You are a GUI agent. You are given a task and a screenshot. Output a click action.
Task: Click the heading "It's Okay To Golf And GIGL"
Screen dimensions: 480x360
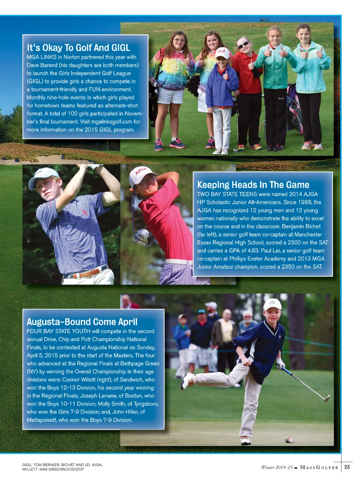coord(78,48)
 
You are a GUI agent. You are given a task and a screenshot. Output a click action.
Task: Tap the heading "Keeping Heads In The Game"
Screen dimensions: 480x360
coord(253,185)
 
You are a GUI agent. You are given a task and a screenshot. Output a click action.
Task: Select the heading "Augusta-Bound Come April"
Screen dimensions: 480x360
coord(82,322)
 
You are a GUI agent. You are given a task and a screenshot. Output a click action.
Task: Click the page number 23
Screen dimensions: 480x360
coord(347,467)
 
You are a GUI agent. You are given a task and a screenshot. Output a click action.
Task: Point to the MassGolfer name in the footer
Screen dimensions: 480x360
coord(319,467)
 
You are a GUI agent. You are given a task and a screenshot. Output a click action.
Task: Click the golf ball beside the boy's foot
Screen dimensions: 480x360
coord(289,439)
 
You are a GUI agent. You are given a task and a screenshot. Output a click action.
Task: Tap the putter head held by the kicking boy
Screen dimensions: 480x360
coord(327,398)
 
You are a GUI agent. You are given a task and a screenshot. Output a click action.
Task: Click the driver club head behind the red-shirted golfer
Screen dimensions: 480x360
coord(142,236)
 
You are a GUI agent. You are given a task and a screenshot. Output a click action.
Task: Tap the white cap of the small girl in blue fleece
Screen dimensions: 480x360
coord(222,53)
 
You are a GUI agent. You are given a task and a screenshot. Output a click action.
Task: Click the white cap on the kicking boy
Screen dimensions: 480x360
coord(272,304)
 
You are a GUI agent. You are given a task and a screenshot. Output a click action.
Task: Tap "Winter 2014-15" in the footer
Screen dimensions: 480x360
coord(277,467)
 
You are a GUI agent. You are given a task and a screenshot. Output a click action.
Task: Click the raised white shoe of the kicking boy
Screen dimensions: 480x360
coord(188,381)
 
